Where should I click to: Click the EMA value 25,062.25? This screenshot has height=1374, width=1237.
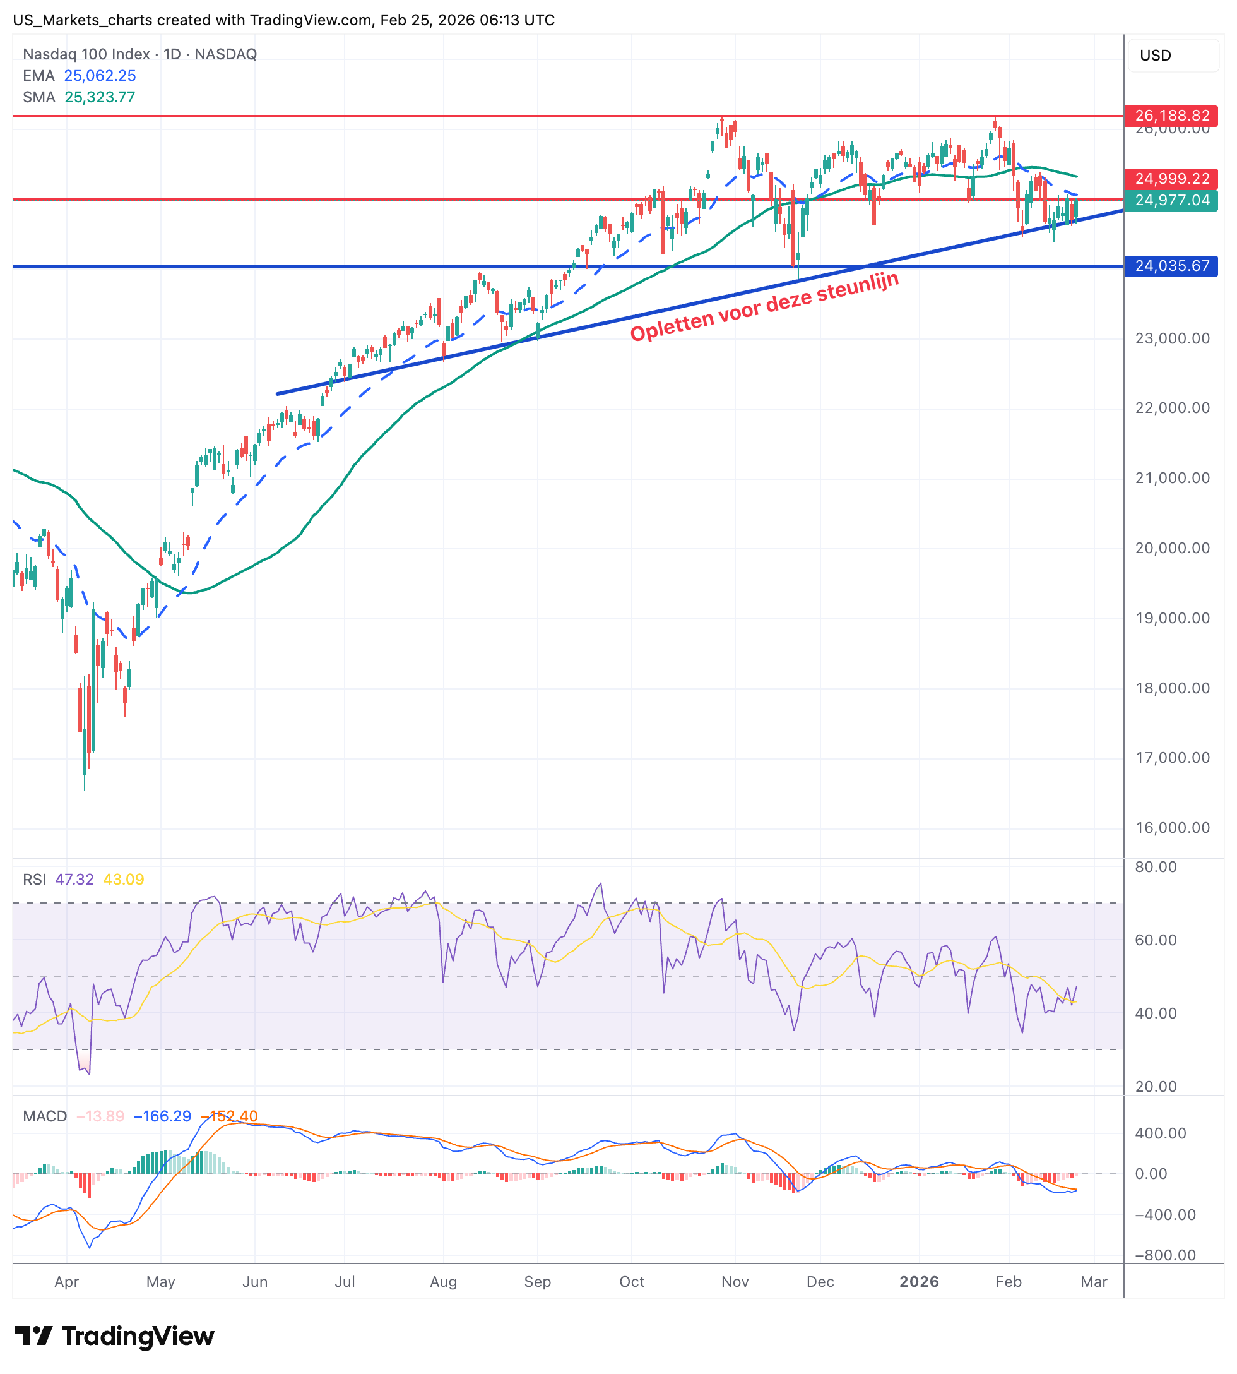pyautogui.click(x=100, y=76)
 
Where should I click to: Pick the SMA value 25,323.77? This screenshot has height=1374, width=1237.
pyautogui.click(x=100, y=97)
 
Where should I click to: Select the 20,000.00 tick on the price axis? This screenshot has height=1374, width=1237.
pyautogui.click(x=1173, y=548)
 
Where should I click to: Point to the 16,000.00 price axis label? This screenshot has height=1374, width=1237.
pyautogui.click(x=1173, y=827)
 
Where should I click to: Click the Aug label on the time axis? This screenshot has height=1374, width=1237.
pyautogui.click(x=443, y=1282)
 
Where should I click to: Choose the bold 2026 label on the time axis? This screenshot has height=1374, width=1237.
pyautogui.click(x=919, y=1282)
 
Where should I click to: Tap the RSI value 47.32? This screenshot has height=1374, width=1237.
pyautogui.click(x=74, y=879)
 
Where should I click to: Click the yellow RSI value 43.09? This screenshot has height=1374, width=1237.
pyautogui.click(x=124, y=879)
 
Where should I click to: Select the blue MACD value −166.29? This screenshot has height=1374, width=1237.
pyautogui.click(x=162, y=1116)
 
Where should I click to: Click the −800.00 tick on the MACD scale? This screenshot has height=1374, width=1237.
pyautogui.click(x=1160, y=1255)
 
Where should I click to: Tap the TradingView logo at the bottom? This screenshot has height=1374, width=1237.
pyautogui.click(x=114, y=1336)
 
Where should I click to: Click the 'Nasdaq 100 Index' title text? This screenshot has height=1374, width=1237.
pyautogui.click(x=86, y=54)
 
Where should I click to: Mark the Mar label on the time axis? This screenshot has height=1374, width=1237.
pyautogui.click(x=1094, y=1282)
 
